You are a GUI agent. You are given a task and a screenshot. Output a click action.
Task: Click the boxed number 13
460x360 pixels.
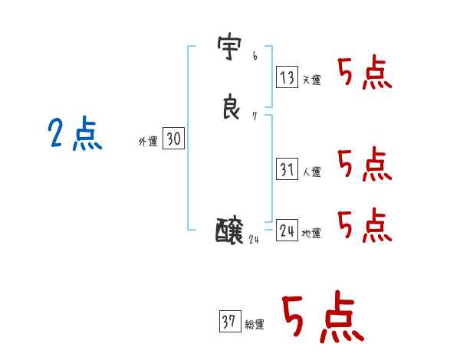click(x=287, y=77)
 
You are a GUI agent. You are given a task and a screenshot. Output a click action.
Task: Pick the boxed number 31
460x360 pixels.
click(x=287, y=169)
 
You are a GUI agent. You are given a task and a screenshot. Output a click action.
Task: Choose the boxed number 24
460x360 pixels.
click(x=287, y=231)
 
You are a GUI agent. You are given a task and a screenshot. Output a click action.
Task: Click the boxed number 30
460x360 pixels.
click(x=173, y=139)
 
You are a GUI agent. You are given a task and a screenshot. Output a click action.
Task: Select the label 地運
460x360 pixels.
click(x=311, y=234)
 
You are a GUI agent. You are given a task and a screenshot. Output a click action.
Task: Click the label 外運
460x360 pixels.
click(x=148, y=142)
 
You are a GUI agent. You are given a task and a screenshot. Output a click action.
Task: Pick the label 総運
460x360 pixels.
click(x=255, y=325)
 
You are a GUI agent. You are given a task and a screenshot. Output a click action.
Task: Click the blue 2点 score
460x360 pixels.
click(x=74, y=135)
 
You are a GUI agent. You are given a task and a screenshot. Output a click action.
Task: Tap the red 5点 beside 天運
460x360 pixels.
click(x=365, y=74)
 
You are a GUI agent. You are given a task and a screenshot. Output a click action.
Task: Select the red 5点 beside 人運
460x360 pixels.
click(x=365, y=164)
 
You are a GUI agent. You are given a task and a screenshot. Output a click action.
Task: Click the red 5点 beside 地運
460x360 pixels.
click(x=365, y=224)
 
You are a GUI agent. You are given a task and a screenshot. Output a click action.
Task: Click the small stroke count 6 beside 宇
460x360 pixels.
click(x=255, y=57)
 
